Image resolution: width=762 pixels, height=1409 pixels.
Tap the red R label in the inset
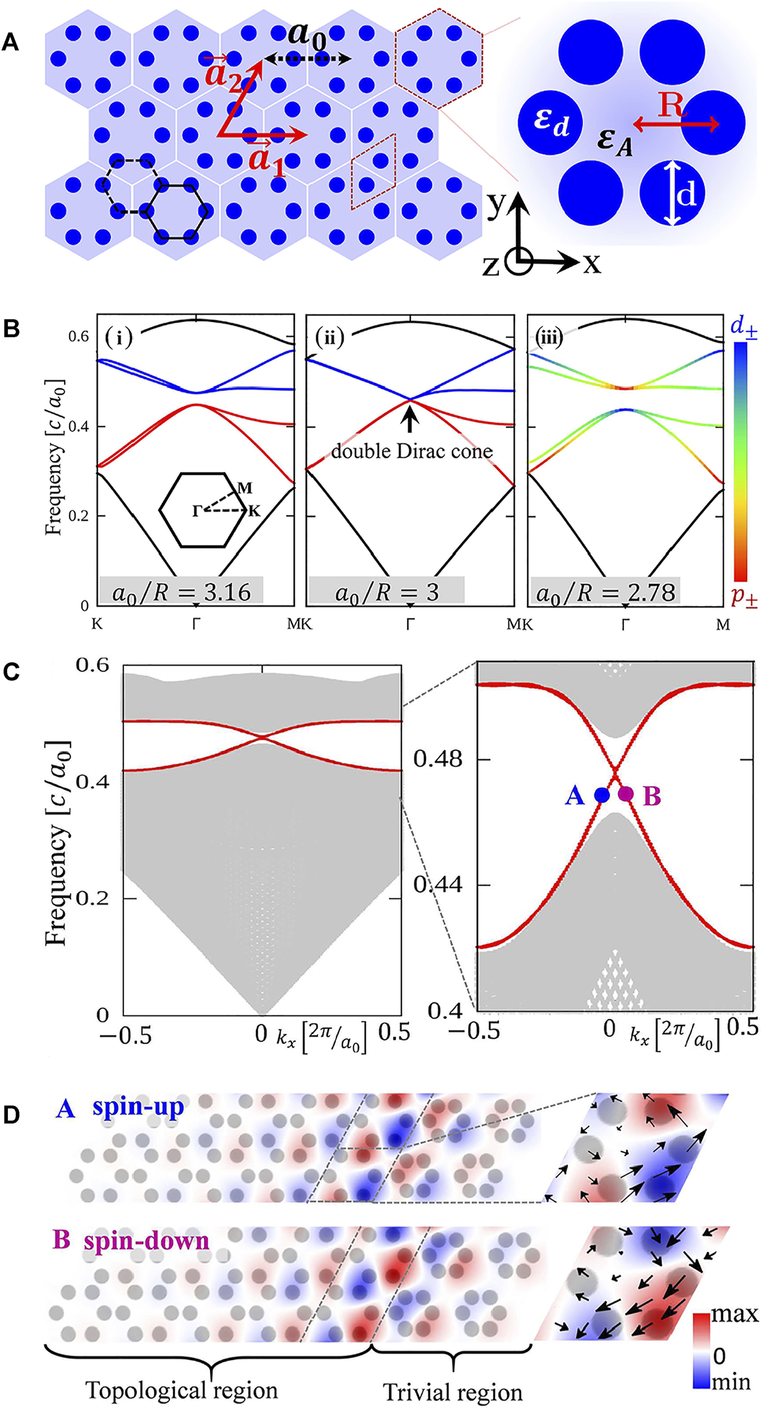tap(672, 106)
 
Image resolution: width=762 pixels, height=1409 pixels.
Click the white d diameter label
tap(688, 195)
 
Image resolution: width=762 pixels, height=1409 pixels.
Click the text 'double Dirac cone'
tap(412, 450)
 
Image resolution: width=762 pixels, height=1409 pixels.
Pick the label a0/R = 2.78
tap(606, 593)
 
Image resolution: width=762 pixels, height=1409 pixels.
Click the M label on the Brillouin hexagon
tap(244, 488)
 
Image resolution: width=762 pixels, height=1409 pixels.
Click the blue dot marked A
tap(601, 795)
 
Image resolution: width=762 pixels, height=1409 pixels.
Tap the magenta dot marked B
tap(626, 794)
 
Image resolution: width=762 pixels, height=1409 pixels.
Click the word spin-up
tap(138, 1108)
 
